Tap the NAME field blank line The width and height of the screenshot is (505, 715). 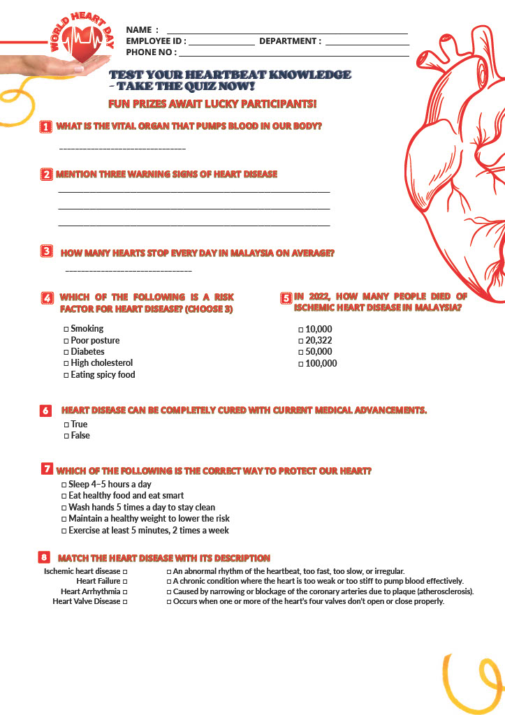pyautogui.click(x=286, y=32)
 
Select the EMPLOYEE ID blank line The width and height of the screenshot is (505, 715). pyautogui.click(x=221, y=44)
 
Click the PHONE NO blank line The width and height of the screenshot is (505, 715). pyautogui.click(x=293, y=55)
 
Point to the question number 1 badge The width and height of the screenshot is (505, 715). pyautogui.click(x=46, y=126)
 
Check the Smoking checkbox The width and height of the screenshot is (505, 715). pyautogui.click(x=66, y=329)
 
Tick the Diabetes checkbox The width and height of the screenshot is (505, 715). pyautogui.click(x=66, y=352)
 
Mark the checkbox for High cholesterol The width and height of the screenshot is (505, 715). pyautogui.click(x=66, y=363)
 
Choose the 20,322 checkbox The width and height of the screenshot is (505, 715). pyautogui.click(x=301, y=341)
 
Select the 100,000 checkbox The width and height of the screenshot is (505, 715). pyautogui.click(x=301, y=364)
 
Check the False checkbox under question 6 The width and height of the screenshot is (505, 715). pyautogui.click(x=66, y=436)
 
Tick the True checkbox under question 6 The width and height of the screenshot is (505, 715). pyautogui.click(x=66, y=425)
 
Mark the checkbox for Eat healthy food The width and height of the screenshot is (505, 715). pyautogui.click(x=64, y=496)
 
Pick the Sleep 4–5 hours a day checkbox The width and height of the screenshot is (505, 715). pyautogui.click(x=64, y=485)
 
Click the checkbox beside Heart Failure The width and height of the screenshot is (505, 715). pyautogui.click(x=125, y=581)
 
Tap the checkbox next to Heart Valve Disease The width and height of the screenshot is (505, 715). pyautogui.click(x=125, y=601)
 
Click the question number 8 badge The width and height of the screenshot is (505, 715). pyautogui.click(x=44, y=557)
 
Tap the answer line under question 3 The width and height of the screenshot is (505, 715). pyautogui.click(x=128, y=270)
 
